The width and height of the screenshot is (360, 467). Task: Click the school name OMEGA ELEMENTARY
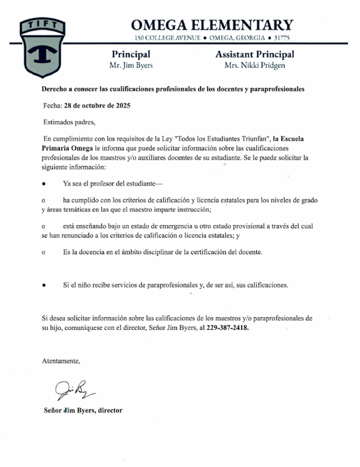(x=212, y=25)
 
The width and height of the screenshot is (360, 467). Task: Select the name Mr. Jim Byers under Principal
(x=131, y=66)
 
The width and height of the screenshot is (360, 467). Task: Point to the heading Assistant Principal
(x=254, y=55)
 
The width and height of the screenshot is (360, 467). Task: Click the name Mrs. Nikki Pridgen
(x=254, y=66)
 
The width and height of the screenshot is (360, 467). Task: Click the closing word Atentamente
(x=61, y=361)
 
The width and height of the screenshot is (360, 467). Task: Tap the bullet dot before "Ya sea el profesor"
(x=44, y=183)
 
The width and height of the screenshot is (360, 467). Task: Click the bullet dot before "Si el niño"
(x=44, y=284)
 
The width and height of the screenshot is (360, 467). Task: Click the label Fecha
(x=52, y=105)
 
